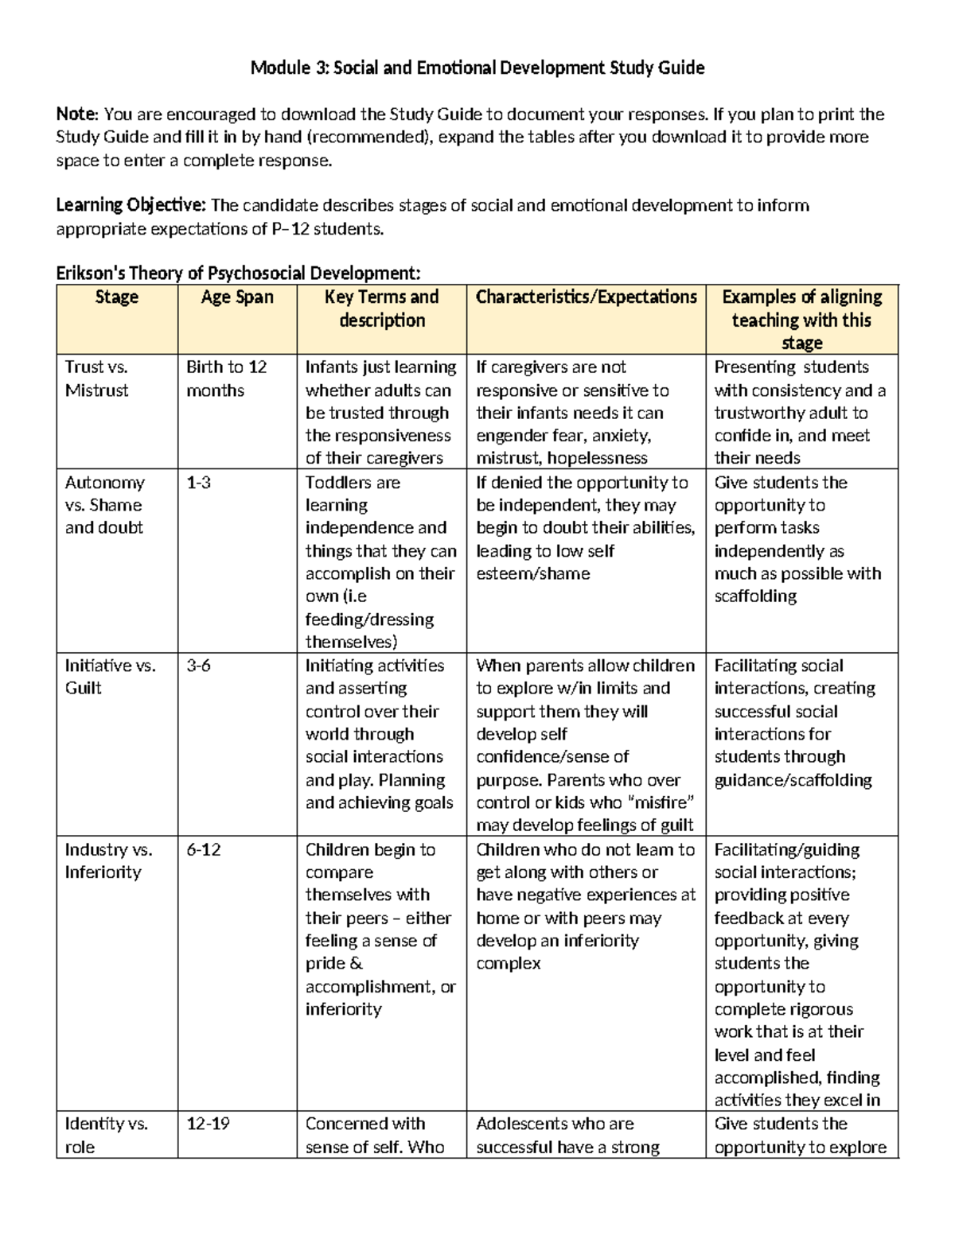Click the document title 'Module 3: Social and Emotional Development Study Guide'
(477, 68)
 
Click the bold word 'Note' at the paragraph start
(76, 115)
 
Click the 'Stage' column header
(116, 297)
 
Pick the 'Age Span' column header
(236, 297)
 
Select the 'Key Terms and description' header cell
(381, 309)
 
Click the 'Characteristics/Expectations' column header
(586, 297)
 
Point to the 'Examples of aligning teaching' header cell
(801, 320)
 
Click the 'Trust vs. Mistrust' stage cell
(97, 379)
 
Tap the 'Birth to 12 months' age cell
(226, 379)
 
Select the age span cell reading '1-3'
(198, 483)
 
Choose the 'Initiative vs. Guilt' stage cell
(110, 677)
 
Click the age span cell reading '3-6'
(198, 666)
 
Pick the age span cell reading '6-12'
(203, 849)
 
